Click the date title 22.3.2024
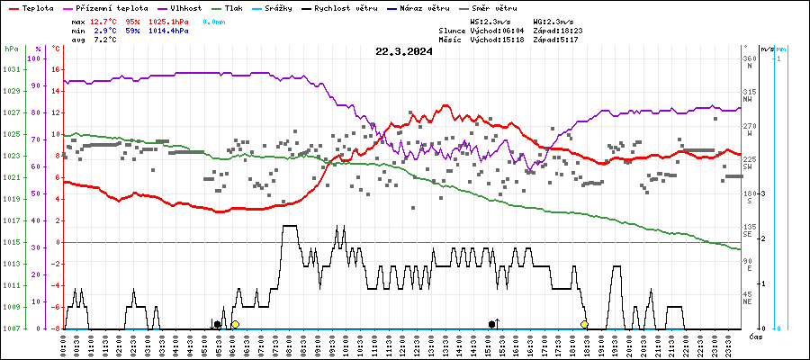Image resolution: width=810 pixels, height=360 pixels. point(404,51)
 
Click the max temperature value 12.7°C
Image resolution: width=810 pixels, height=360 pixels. point(104,20)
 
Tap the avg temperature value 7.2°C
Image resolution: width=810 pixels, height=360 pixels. point(104,40)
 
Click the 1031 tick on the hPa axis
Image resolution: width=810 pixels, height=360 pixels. point(11,69)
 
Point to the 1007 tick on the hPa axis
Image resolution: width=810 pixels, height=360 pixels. point(11,328)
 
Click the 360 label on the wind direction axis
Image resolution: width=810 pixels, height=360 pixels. point(749,58)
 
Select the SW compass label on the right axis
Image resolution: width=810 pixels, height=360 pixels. point(748,167)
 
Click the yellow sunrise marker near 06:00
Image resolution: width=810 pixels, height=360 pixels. point(235,324)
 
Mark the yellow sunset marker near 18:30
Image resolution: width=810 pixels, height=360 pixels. point(584,324)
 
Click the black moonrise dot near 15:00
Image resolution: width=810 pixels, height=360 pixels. point(491,324)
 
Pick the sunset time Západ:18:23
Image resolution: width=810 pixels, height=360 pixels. point(558,31)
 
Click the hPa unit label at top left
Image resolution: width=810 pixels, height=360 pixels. point(11,48)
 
